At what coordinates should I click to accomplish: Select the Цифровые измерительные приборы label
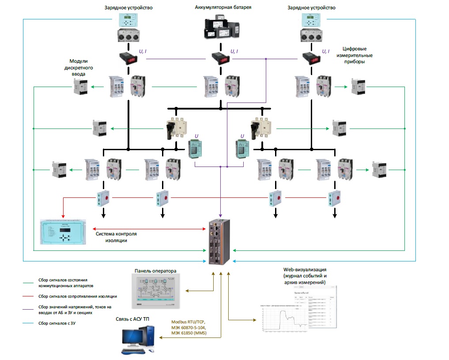358,55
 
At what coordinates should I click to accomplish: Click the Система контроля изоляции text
117,237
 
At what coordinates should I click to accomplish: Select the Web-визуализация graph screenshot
296,309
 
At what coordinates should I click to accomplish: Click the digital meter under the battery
219,58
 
